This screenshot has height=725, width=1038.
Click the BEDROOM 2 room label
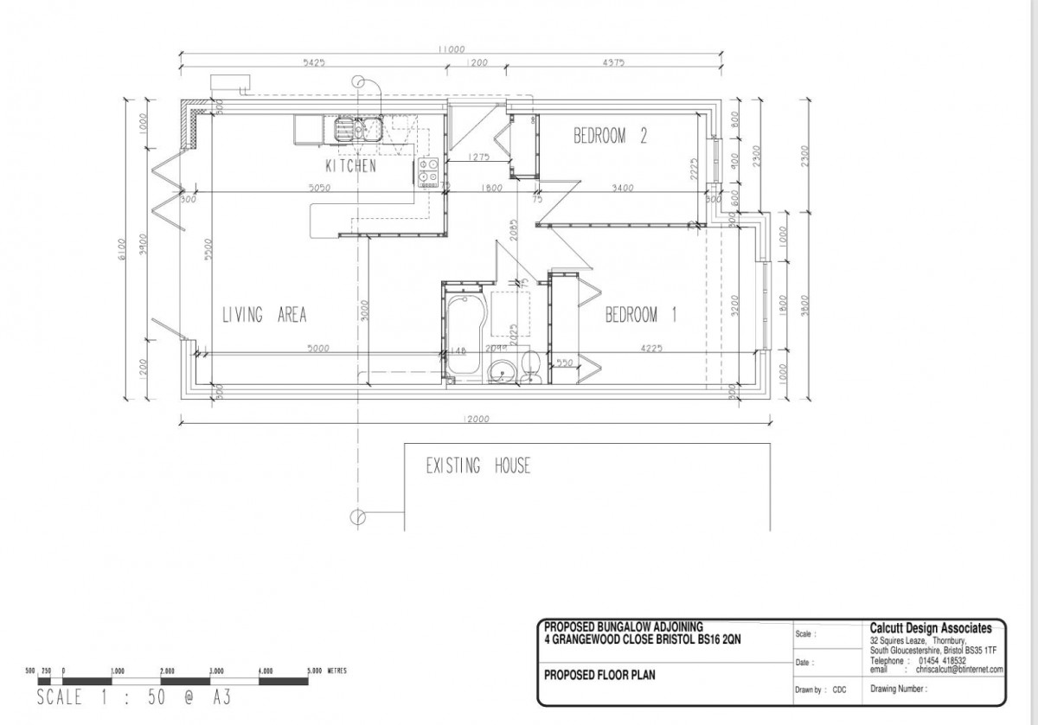612,136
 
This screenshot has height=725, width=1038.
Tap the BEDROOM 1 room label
641,315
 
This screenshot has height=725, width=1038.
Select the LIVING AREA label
264,315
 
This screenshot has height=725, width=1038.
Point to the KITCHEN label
350,166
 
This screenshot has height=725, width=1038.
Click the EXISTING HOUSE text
477,467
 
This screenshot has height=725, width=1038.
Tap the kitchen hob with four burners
427,171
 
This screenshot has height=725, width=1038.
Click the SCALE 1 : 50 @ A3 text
133,696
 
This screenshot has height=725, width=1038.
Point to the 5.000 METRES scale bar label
326,670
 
